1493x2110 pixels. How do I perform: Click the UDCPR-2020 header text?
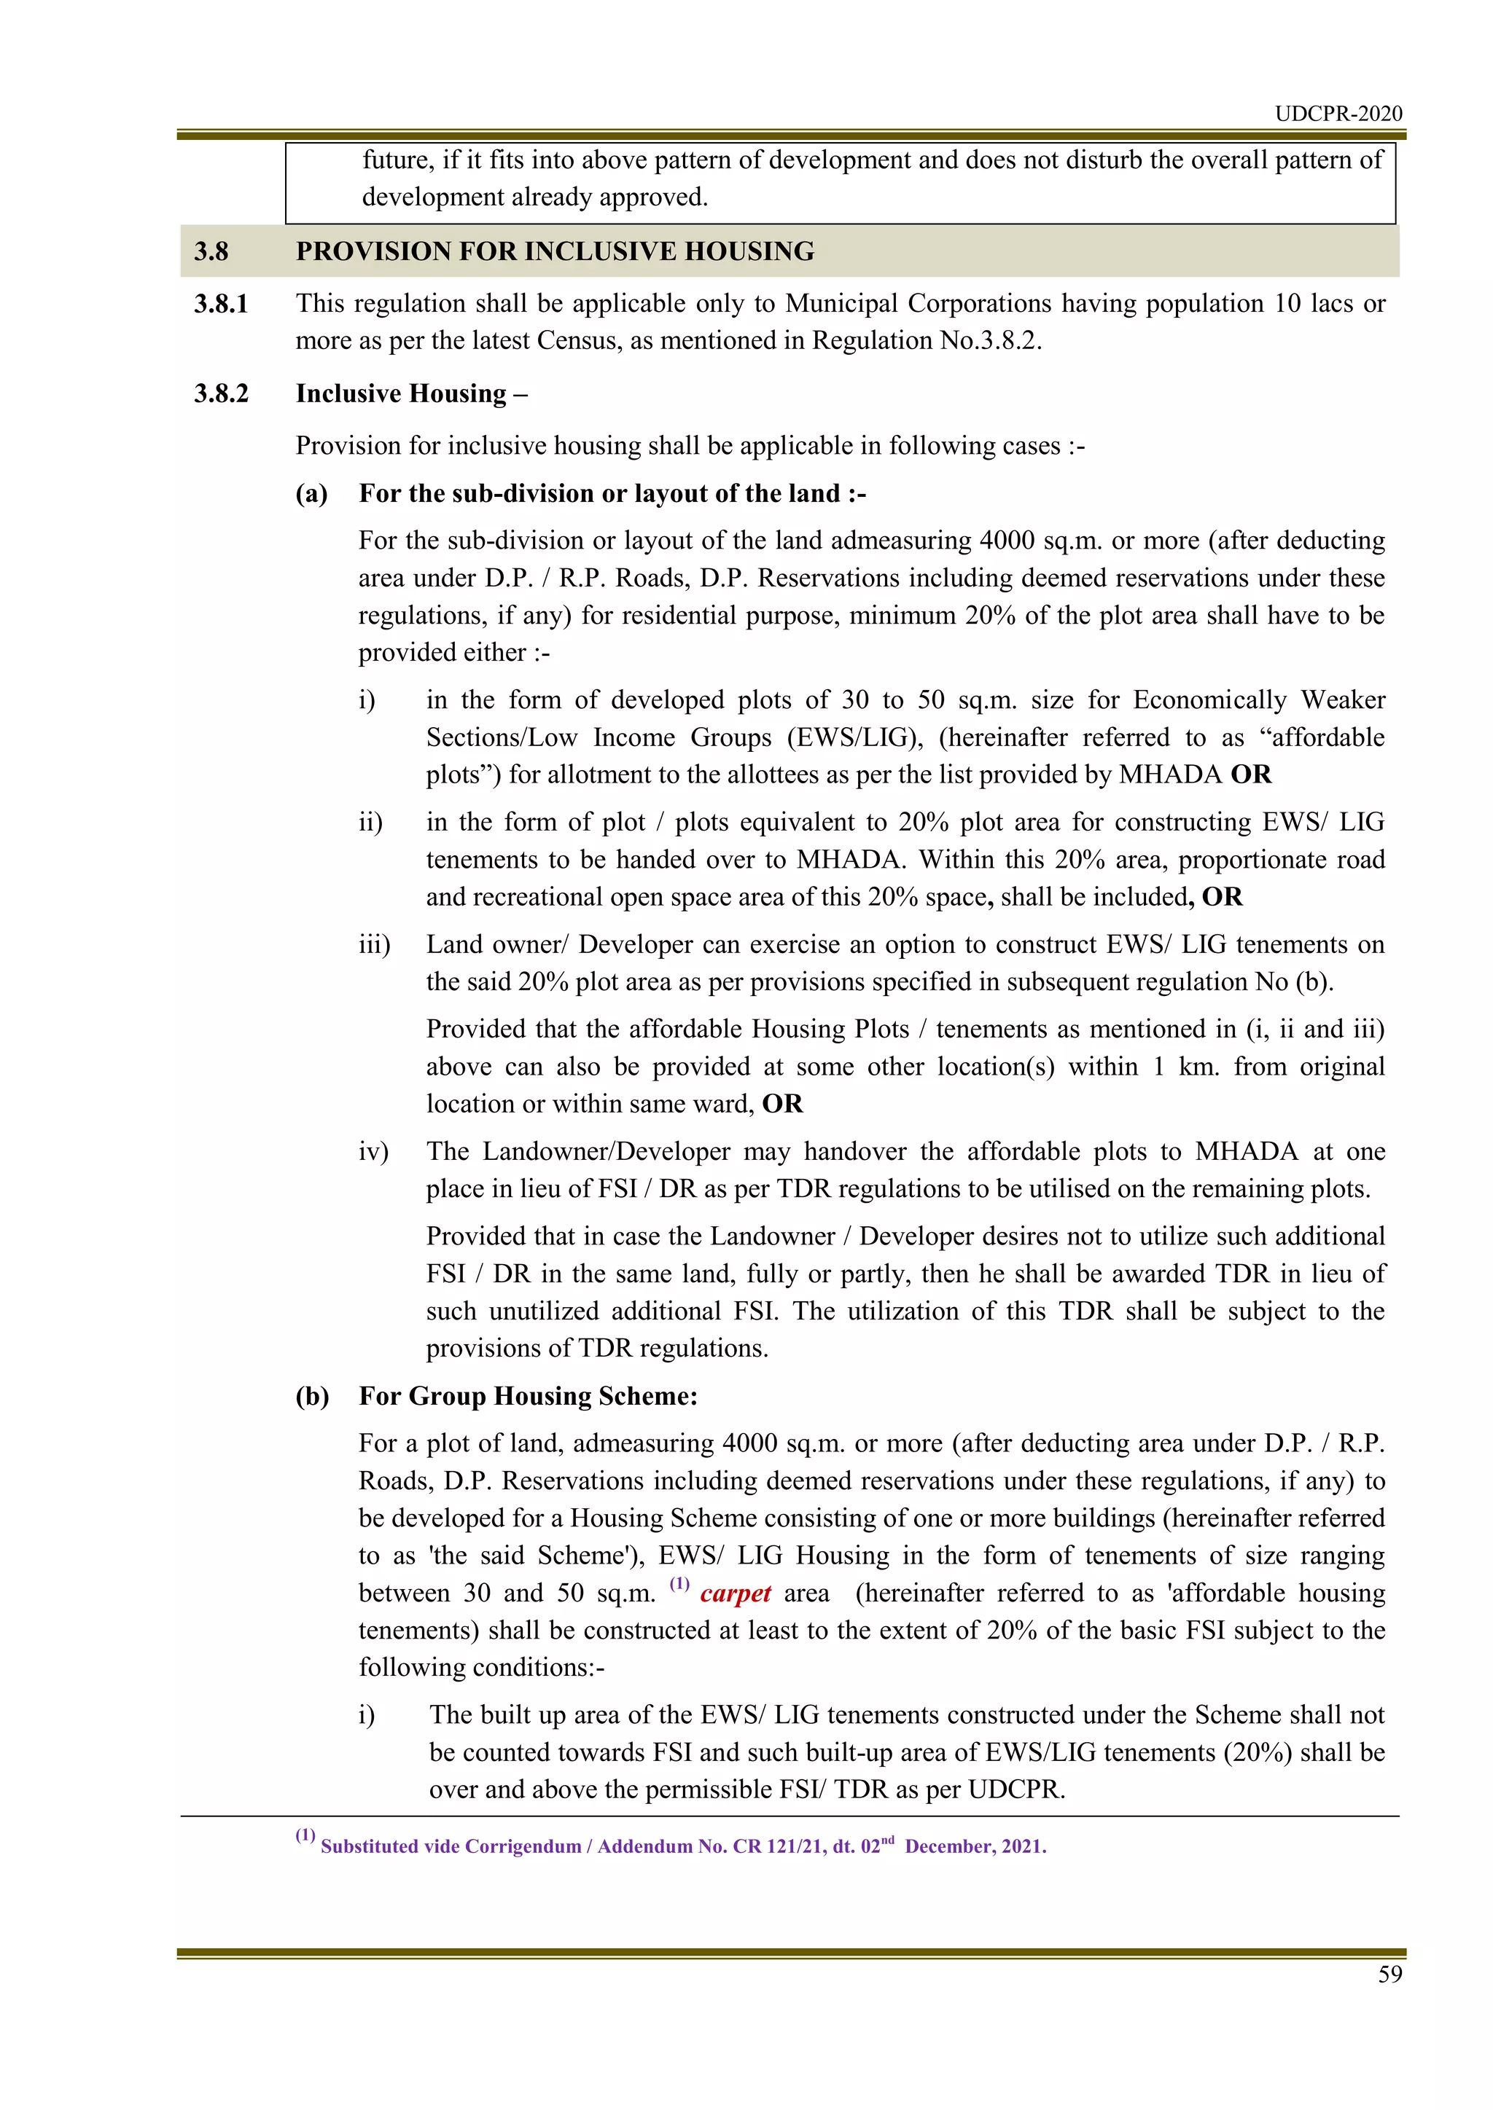(1338, 113)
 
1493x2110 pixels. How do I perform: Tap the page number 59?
(1389, 1974)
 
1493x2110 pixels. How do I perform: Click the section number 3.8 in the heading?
(211, 252)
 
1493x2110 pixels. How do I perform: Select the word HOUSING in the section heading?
(749, 252)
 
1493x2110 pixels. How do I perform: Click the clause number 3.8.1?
(221, 303)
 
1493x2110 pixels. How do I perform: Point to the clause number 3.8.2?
(221, 393)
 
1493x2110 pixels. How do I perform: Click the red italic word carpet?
(735, 1593)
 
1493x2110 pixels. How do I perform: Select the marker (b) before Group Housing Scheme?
(312, 1396)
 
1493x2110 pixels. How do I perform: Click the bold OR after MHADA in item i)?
(1250, 774)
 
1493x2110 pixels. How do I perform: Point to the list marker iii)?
(374, 945)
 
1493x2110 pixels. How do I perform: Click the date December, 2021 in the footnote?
(975, 1847)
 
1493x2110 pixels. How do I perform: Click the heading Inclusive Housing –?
(411, 393)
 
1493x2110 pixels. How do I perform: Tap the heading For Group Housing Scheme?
(528, 1396)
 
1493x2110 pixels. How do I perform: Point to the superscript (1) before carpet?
(679, 1583)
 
